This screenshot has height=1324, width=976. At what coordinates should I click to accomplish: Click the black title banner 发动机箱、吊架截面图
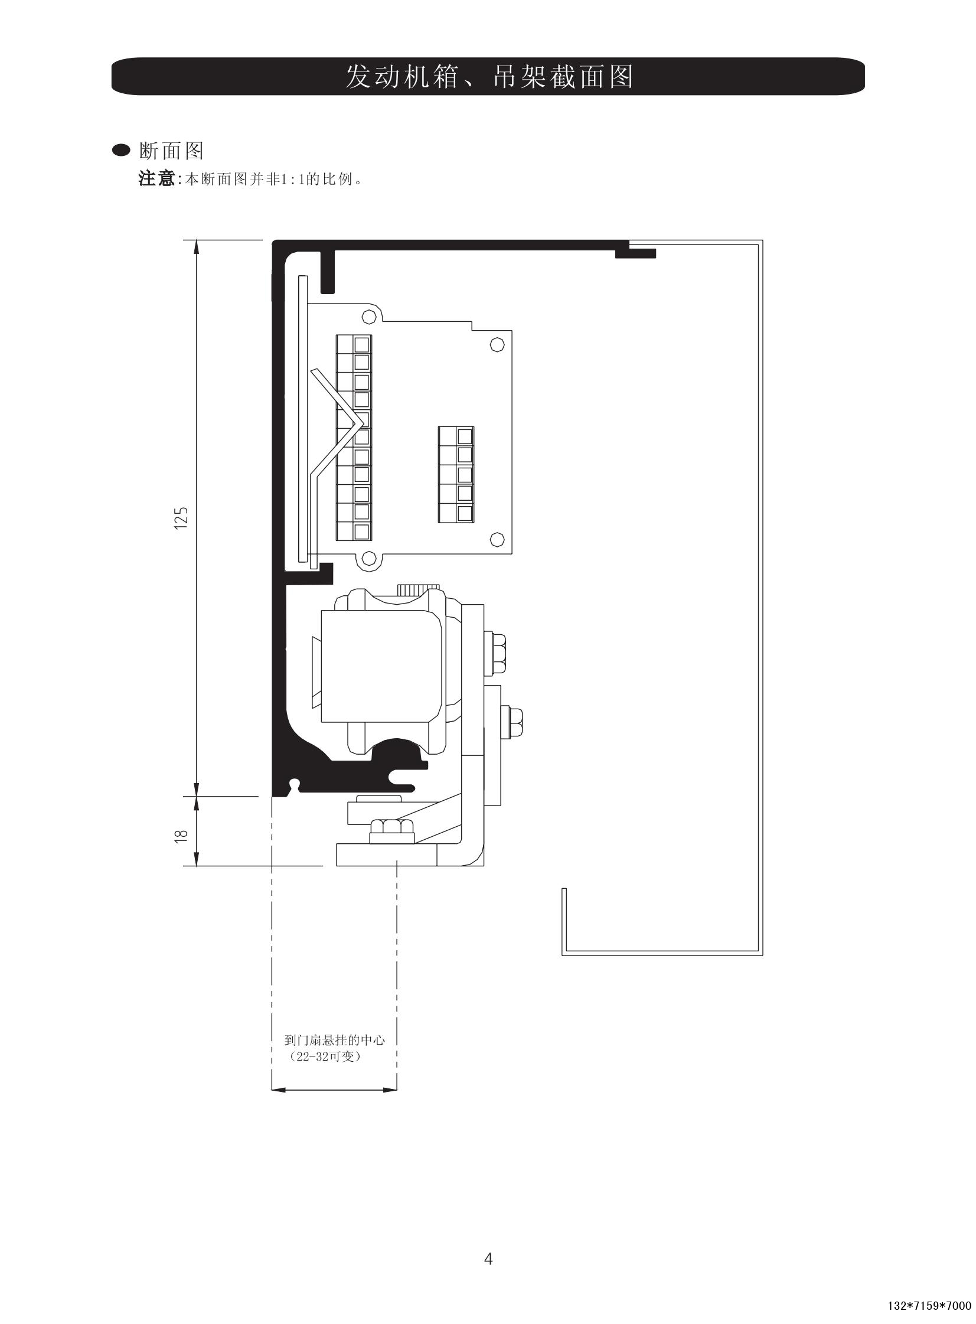(488, 76)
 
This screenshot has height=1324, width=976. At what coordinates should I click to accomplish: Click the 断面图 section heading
(171, 151)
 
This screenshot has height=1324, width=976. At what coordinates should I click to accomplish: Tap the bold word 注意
(157, 178)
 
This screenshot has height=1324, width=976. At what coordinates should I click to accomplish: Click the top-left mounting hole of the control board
(370, 317)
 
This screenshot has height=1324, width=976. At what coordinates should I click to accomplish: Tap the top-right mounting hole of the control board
(498, 344)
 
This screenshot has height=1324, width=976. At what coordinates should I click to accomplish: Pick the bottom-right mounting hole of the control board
(498, 538)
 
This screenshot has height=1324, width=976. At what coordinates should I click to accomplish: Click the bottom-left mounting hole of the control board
(370, 557)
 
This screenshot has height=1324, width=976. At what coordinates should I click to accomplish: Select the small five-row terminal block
(456, 474)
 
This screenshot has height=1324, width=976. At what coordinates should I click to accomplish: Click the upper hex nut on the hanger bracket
(497, 653)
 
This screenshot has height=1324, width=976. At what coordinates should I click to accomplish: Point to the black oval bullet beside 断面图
(122, 151)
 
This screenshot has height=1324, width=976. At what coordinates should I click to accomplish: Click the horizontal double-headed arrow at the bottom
(334, 1090)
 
